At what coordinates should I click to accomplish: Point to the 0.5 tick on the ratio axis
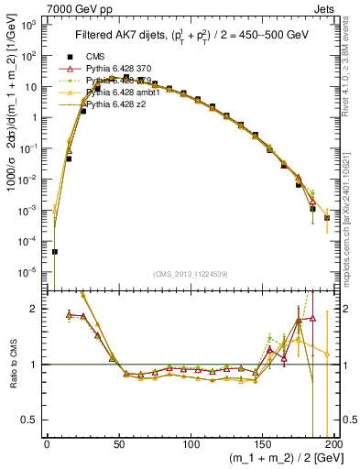click(34, 420)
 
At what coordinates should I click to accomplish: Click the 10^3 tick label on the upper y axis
click(30, 25)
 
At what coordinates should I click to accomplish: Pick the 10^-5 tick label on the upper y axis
click(30, 271)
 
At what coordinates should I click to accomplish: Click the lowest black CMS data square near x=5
click(54, 251)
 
